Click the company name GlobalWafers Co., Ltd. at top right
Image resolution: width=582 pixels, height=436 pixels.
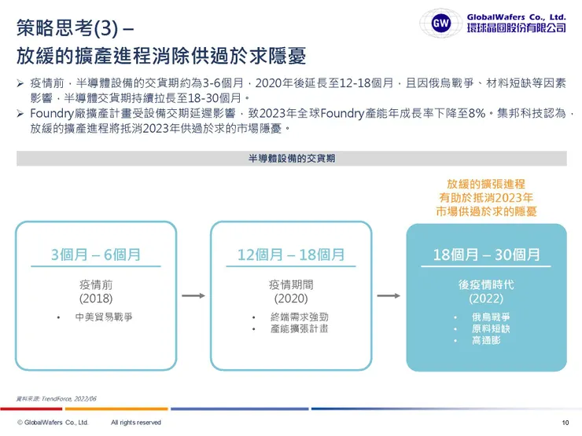[x=516, y=16]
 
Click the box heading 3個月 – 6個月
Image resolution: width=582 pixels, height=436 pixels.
[x=96, y=255]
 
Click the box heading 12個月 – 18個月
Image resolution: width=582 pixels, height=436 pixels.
[x=291, y=255]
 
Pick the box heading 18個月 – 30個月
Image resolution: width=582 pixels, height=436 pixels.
[x=486, y=255]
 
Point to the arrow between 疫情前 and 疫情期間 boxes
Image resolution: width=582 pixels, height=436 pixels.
[x=193, y=296]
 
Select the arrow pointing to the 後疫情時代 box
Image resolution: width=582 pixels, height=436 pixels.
[x=389, y=296]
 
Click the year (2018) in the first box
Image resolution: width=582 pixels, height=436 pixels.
[x=96, y=299]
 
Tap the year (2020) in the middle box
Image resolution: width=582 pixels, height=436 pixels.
[x=291, y=299]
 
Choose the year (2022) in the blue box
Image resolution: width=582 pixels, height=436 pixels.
[x=486, y=299]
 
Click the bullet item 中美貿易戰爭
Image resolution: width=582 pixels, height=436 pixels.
[x=103, y=317]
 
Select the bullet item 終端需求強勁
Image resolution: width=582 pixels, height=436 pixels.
[x=300, y=317]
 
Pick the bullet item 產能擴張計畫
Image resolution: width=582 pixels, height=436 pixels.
[x=300, y=328]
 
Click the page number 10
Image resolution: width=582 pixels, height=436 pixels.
[x=565, y=423]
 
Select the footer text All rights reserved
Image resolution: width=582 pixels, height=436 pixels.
[x=136, y=423]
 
